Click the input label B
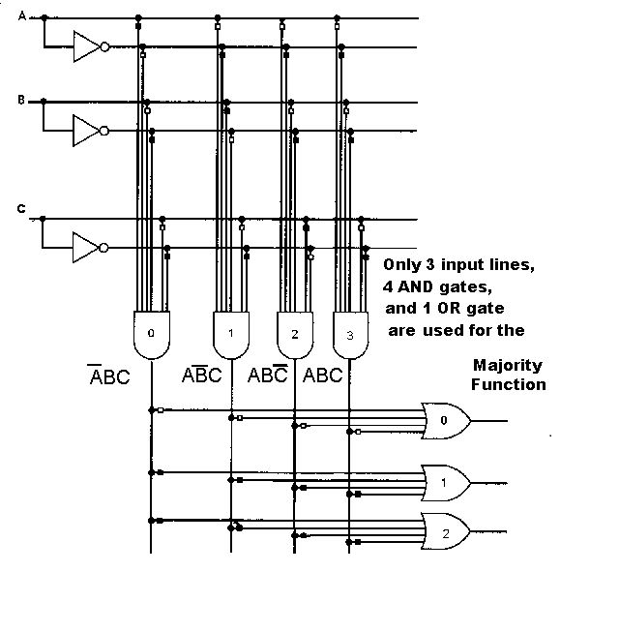pos(21,99)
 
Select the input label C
pos(21,207)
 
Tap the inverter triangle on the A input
pos(87,46)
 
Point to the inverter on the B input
pos(87,130)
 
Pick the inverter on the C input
pos(87,247)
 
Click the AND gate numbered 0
pos(150,334)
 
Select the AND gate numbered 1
pos(230,334)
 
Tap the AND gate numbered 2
pos(294,334)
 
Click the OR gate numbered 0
pos(446,420)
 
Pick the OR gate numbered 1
pos(446,481)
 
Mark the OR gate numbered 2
pos(446,531)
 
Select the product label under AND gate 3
pos(323,375)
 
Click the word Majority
pos(508,366)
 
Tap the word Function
pos(509,384)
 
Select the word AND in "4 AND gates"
pos(418,286)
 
